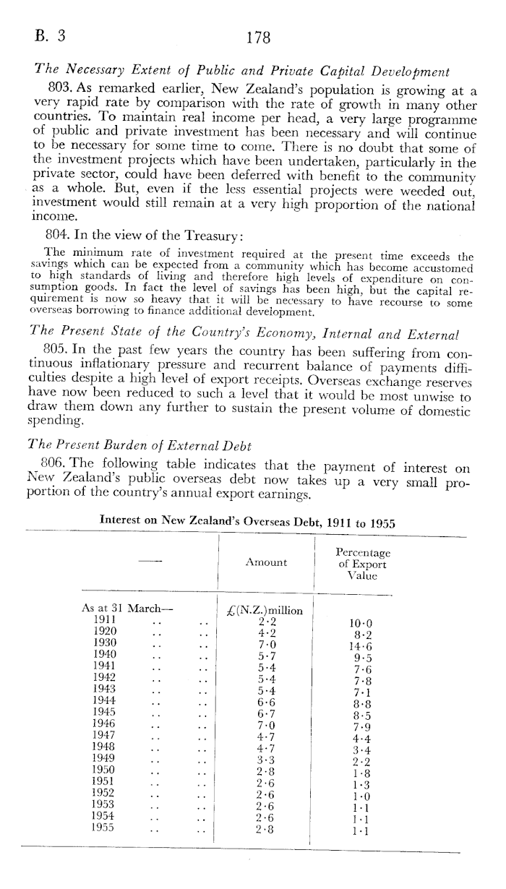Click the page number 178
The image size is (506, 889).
pyautogui.click(x=258, y=38)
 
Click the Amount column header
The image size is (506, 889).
pyautogui.click(x=266, y=562)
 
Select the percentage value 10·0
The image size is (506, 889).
pyautogui.click(x=363, y=625)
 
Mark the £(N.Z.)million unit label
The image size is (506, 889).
pyautogui.click(x=267, y=609)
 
